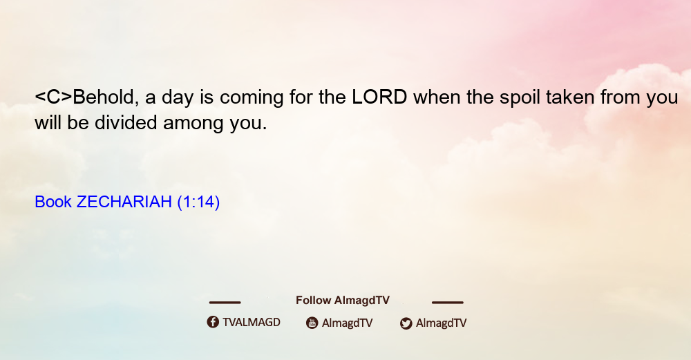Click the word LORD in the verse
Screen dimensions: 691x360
coord(379,97)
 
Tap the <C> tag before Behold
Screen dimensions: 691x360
coord(53,97)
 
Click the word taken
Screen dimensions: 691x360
coord(570,97)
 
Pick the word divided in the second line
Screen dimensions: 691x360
coord(126,122)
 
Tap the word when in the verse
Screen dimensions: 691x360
coord(437,97)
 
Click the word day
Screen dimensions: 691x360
coord(178,99)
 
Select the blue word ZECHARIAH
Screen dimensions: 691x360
coord(124,202)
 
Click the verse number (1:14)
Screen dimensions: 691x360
coord(198,202)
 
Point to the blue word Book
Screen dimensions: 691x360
coord(53,202)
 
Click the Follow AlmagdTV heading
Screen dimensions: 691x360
coord(343,300)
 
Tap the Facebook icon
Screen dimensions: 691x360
coord(213,322)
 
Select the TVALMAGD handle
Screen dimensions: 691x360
coord(252,322)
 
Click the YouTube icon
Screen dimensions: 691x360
coord(312,323)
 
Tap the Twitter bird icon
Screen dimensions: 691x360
coord(406,323)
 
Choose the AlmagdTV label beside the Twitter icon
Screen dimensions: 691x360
coord(441,323)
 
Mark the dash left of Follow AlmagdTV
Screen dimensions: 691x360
coord(225,302)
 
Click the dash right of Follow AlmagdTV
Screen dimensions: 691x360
coord(448,302)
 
